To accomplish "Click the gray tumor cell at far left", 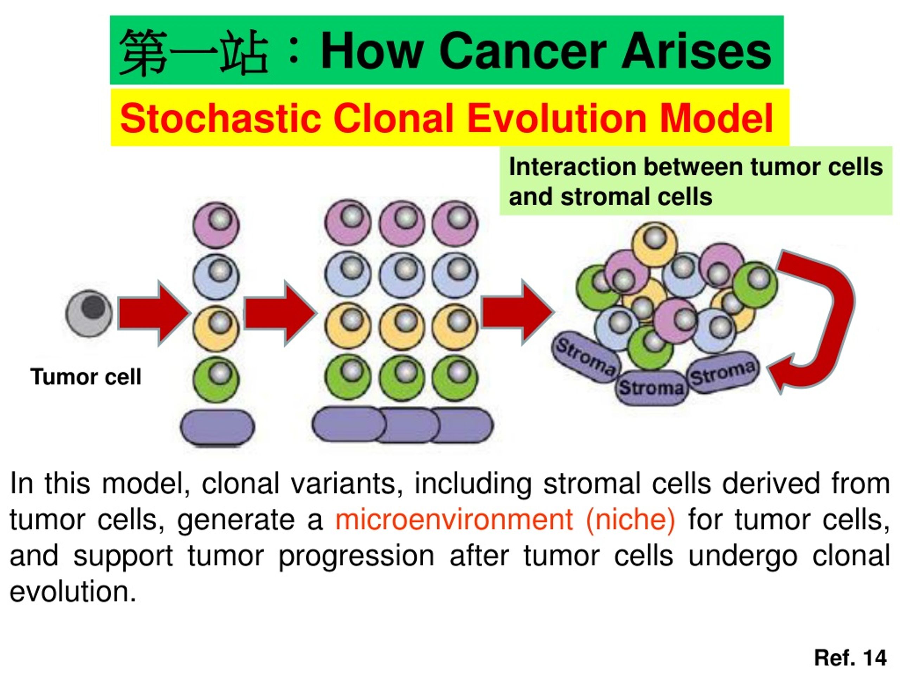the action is click(x=89, y=313).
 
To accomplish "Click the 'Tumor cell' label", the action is click(x=86, y=377).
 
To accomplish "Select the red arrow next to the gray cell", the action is click(x=154, y=313).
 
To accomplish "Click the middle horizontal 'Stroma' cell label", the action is click(x=651, y=388).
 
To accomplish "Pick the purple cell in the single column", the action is click(x=216, y=225).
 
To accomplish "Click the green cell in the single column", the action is click(x=216, y=380).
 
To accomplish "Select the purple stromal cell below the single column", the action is click(x=217, y=427).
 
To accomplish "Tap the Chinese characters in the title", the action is click(x=194, y=52).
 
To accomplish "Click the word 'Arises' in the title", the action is click(x=696, y=52).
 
